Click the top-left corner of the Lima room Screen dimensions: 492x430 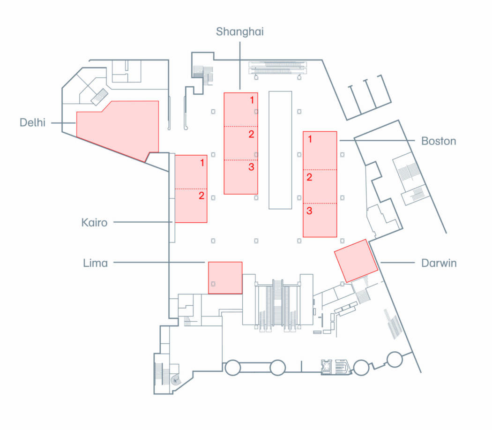click(x=209, y=262)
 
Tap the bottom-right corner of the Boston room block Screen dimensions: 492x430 click(x=337, y=237)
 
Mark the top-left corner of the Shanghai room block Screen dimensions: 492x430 click(x=224, y=93)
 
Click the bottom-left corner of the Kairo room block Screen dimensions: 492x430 click(x=175, y=222)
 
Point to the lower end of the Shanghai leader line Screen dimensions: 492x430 click(x=240, y=90)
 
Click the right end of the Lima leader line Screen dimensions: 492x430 click(x=205, y=262)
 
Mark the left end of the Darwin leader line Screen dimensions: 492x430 click(x=380, y=263)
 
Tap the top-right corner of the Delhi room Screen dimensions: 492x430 click(x=158, y=101)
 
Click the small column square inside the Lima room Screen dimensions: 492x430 click(x=213, y=284)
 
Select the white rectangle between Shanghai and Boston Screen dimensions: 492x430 click(x=280, y=150)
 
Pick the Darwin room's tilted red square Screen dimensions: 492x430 click(x=356, y=261)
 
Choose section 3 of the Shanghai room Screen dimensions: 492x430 click(x=241, y=177)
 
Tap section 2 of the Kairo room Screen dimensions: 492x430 click(x=191, y=206)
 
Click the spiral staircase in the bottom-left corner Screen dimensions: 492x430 click(x=175, y=380)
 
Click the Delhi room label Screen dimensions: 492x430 click(x=33, y=122)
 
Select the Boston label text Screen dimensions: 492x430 click(x=439, y=141)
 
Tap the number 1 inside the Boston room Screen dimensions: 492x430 click(x=310, y=139)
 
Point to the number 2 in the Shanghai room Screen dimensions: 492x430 click(x=251, y=134)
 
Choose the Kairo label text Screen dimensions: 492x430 click(x=95, y=222)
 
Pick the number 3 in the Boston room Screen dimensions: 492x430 click(x=309, y=211)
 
